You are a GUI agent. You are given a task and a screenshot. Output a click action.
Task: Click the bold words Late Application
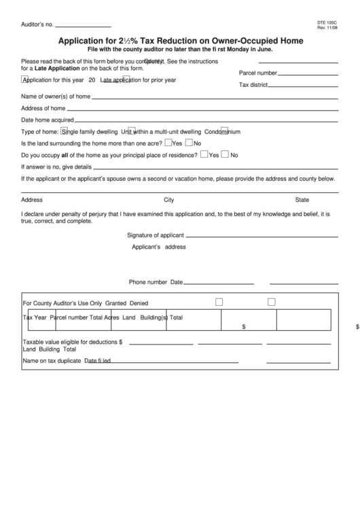[x=57, y=69]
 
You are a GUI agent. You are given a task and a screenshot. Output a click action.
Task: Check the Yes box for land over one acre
[x=168, y=143]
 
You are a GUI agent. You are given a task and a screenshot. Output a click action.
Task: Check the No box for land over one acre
[x=189, y=143]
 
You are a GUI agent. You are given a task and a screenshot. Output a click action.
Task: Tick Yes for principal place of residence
[x=204, y=155]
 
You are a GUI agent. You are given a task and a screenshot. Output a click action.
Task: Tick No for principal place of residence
[x=226, y=155]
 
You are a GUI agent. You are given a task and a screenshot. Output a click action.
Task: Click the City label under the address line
[x=169, y=200]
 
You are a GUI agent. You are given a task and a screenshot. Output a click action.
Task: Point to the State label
[x=302, y=200]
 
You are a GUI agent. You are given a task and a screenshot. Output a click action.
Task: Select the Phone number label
[x=148, y=282]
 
